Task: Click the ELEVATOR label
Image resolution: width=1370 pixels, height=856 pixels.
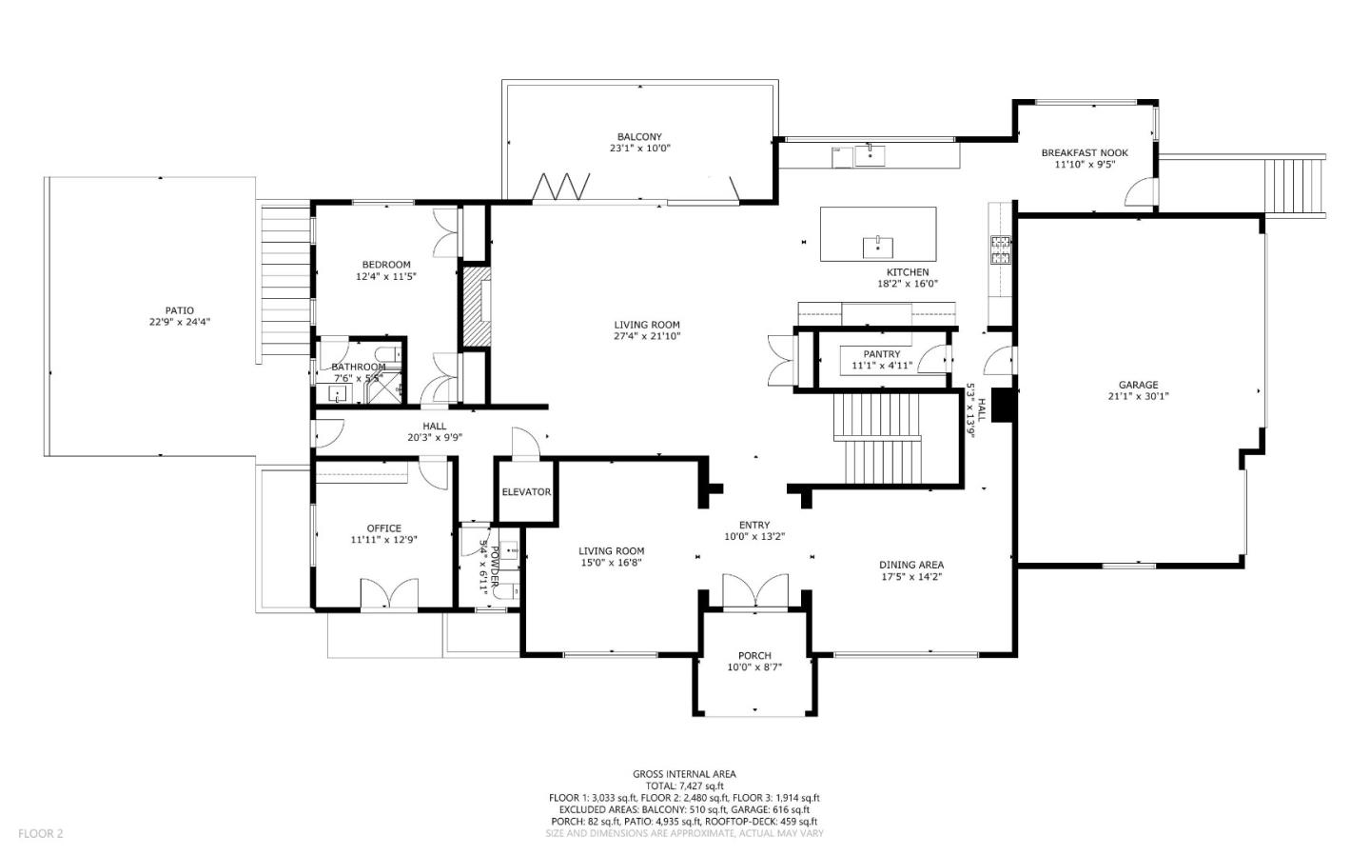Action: coord(526,492)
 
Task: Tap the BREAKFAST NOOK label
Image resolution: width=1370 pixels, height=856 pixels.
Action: coord(1085,152)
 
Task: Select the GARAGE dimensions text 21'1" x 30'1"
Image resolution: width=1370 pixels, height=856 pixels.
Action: coord(1138,396)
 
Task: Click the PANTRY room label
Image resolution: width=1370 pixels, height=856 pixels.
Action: coord(882,354)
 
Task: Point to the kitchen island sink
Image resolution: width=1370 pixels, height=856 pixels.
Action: coord(877,247)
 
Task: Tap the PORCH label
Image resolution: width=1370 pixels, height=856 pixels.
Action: coord(754,656)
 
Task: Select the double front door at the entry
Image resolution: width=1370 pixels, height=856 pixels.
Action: coord(755,591)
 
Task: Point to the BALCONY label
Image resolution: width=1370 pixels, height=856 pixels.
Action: coord(638,137)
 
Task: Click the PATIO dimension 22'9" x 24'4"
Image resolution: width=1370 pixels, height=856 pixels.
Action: coord(172,323)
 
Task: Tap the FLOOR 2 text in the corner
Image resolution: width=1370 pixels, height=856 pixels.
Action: coord(41,833)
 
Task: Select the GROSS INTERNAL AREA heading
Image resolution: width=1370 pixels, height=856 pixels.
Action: coord(684,774)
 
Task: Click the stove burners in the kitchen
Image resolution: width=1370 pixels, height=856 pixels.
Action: coord(1000,249)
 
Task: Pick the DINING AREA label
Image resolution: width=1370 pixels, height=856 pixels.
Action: coord(910,565)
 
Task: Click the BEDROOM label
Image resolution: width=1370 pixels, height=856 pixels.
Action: coord(386,265)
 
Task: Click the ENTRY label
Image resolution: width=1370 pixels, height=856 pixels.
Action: coord(754,525)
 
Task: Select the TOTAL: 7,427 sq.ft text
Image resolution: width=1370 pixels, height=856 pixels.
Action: coord(684,786)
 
